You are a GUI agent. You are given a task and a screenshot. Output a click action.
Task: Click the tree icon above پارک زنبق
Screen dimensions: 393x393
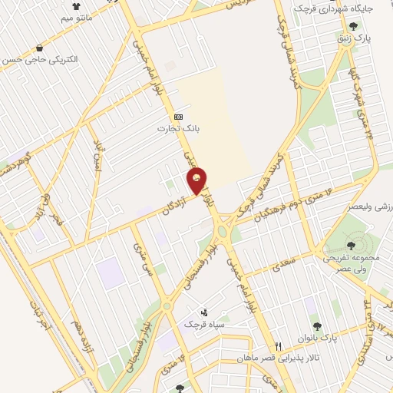[x=352, y=25]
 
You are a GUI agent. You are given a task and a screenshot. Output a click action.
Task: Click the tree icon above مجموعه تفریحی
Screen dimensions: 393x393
[x=351, y=246]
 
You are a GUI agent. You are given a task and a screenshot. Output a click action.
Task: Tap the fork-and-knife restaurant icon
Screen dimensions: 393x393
[x=279, y=346]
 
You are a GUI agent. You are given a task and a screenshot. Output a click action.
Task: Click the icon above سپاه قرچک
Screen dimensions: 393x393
[x=203, y=312]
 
